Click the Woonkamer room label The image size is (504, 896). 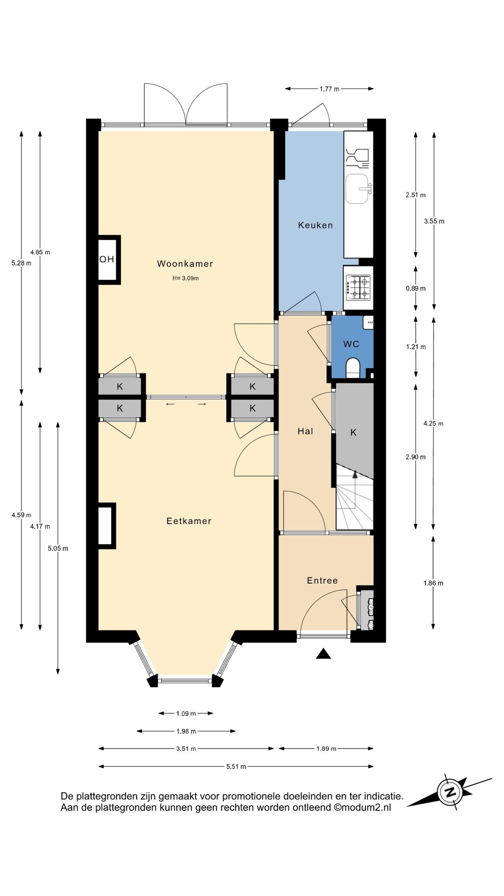(x=185, y=264)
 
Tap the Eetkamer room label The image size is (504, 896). (x=189, y=521)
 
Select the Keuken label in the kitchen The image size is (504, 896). (x=315, y=225)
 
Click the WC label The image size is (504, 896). (x=351, y=344)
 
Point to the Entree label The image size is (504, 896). (x=322, y=580)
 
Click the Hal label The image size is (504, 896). (x=305, y=431)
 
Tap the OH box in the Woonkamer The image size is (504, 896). (x=107, y=259)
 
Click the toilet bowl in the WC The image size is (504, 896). (x=353, y=367)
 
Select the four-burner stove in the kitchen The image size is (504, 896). (x=358, y=287)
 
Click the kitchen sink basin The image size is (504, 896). (x=358, y=189)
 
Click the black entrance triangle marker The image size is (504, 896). (x=323, y=654)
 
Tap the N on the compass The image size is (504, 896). (x=450, y=792)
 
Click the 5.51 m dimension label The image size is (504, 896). (x=236, y=766)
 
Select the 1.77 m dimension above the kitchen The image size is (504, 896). (x=329, y=89)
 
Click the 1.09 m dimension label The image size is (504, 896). (x=186, y=713)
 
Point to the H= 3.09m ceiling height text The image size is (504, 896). (x=185, y=278)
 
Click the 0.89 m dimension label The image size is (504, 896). (x=415, y=288)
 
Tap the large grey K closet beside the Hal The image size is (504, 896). (x=354, y=432)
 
